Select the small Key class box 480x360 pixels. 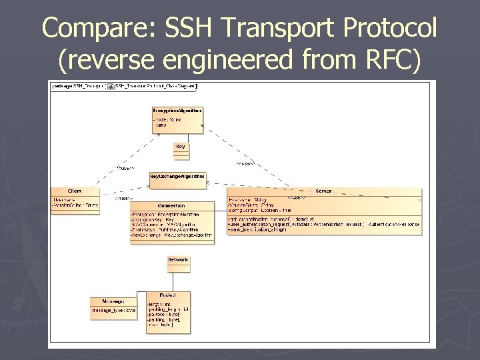pos(181,151)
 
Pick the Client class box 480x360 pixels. pos(75,200)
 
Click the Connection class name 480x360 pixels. pos(171,206)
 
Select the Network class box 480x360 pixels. pos(178,263)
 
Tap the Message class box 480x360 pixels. pos(114,307)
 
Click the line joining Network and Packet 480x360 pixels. pos(178,282)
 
